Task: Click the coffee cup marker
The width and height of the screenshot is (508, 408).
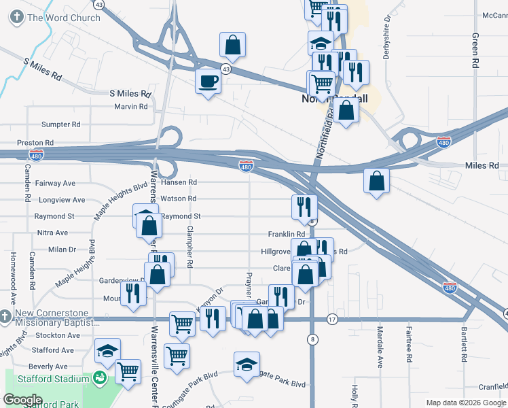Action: pos(208,82)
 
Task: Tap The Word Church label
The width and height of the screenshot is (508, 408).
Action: pos(65,18)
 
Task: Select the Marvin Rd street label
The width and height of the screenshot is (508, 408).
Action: pos(130,107)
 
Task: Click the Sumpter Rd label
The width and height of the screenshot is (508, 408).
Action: pos(60,124)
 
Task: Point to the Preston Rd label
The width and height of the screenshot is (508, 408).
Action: pos(31,143)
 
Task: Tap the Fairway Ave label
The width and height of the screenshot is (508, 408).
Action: pos(55,184)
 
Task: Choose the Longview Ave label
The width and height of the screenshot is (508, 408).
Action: pos(62,200)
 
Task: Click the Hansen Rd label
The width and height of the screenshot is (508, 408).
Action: pos(179,182)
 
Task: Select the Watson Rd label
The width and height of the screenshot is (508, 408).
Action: pos(177,199)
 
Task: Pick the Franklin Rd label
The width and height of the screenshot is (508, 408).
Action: pos(286,234)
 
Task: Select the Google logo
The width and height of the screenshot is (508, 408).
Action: pos(22,400)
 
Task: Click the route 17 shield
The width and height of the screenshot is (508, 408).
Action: pos(332,319)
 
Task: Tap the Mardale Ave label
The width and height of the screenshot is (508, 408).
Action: pos(380,347)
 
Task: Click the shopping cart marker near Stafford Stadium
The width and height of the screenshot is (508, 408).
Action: pos(127,371)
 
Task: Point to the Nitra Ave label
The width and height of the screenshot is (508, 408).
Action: pos(52,233)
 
